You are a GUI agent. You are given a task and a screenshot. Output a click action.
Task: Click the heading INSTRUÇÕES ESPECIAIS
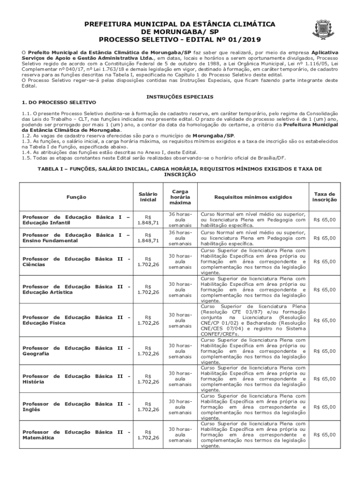point(180,96)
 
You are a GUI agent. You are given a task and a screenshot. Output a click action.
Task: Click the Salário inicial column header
point(148,197)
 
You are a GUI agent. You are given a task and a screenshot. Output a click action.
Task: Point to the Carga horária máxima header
point(180,197)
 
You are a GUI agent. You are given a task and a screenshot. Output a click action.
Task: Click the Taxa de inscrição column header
point(324,197)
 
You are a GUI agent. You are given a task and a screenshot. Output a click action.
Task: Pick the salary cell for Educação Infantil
point(148,219)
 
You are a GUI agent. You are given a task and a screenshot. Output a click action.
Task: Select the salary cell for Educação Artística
point(148,289)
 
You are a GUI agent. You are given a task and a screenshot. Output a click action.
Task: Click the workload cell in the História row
point(180,378)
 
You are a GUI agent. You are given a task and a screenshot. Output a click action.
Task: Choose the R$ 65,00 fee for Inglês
point(324,406)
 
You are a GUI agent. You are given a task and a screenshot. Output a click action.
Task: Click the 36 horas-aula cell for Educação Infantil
point(180,219)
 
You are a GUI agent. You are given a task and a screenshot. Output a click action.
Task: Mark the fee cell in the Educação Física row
point(324,320)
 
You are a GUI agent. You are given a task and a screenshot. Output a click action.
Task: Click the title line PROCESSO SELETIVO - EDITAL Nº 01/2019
point(170,39)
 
